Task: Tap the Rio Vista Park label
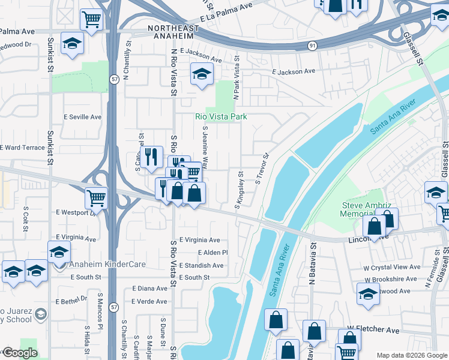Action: point(221,116)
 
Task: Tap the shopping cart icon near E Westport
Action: point(96,197)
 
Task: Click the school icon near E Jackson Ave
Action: point(202,74)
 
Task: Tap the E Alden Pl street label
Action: point(212,253)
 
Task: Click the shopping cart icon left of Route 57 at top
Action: point(91,19)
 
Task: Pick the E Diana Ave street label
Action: point(149,289)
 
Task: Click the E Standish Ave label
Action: point(202,265)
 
